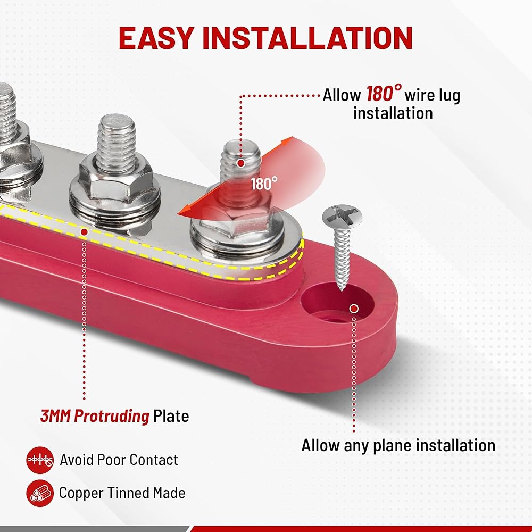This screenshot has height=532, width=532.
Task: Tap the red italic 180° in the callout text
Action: coord(384,94)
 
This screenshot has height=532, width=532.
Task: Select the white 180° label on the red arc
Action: coord(264,184)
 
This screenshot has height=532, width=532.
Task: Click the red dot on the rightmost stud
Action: coord(241,163)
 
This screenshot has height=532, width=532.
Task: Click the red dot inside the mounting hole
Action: coord(353,309)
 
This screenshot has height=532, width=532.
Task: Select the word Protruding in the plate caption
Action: coord(111,416)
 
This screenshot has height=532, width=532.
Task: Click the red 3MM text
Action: coord(56,416)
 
